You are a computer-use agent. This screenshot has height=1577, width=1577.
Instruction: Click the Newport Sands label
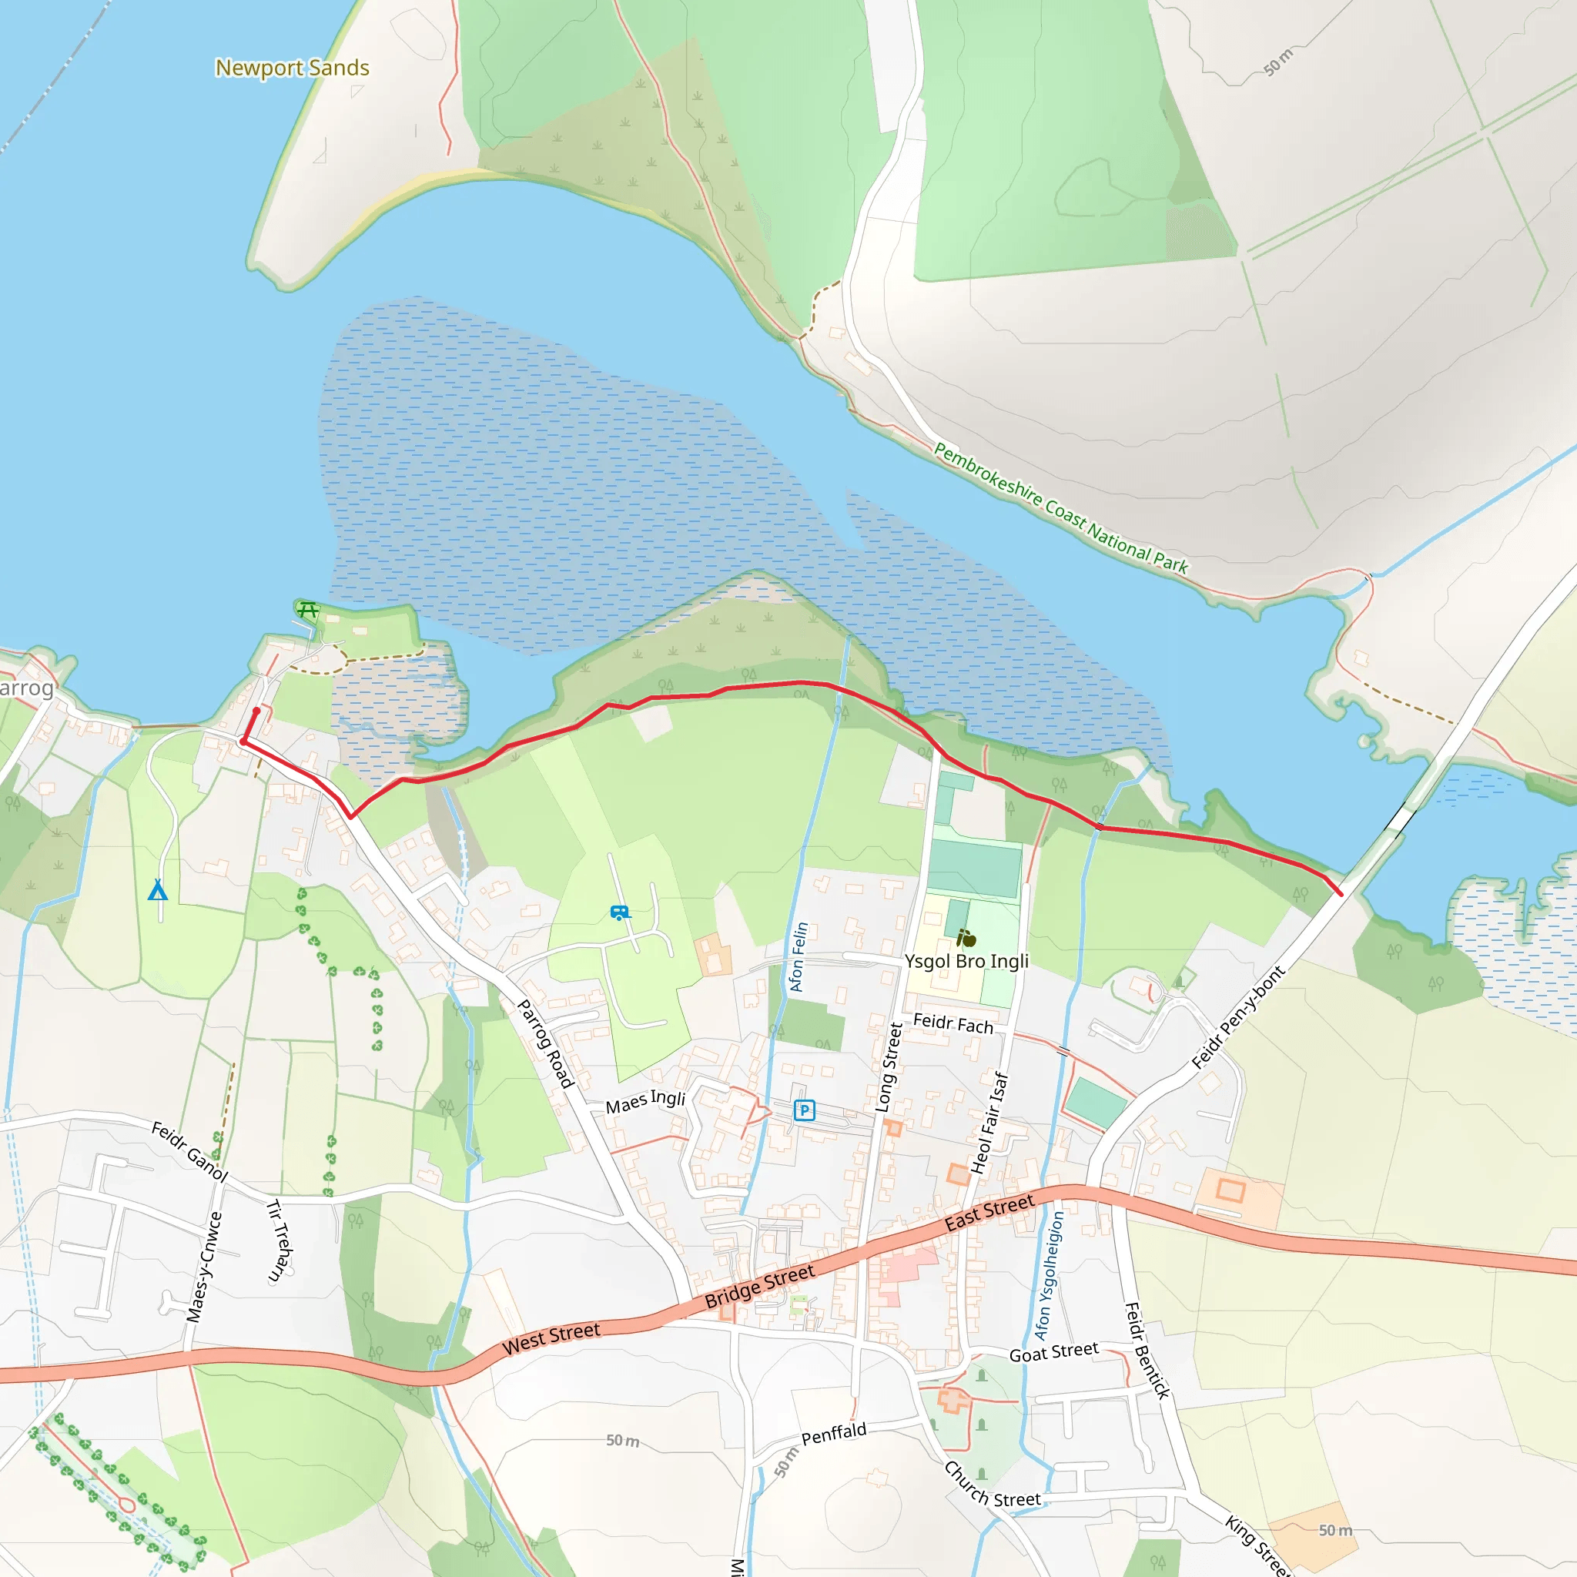(x=292, y=68)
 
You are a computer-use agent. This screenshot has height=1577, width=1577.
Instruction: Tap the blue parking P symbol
(x=804, y=1110)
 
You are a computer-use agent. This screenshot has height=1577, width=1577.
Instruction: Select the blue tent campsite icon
(x=158, y=889)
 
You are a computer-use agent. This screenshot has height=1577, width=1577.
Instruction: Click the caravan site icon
(x=621, y=912)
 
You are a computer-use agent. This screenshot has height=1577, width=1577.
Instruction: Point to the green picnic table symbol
(x=307, y=609)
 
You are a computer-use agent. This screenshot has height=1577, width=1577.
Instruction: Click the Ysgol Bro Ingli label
(x=966, y=961)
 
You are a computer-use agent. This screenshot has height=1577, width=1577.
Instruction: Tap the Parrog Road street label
(x=546, y=1043)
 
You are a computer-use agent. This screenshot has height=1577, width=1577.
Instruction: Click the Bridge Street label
(x=759, y=1287)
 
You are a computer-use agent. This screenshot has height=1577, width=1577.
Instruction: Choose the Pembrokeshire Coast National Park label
(x=1060, y=507)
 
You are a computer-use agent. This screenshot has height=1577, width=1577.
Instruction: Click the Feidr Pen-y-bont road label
(x=1237, y=1017)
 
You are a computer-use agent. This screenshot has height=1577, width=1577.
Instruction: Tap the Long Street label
(x=889, y=1068)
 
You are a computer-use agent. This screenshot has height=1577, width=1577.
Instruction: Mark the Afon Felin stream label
(x=799, y=956)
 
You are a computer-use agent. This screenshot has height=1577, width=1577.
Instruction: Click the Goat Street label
(x=1054, y=1351)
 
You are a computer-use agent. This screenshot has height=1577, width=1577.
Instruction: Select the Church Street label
(x=992, y=1485)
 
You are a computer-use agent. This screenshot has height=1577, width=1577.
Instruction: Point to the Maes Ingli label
(x=645, y=1102)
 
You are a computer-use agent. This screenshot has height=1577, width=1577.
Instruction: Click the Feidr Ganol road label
(x=189, y=1152)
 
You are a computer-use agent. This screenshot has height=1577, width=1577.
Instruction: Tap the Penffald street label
(x=833, y=1434)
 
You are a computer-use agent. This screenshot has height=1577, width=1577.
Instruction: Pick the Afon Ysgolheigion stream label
(x=1049, y=1275)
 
